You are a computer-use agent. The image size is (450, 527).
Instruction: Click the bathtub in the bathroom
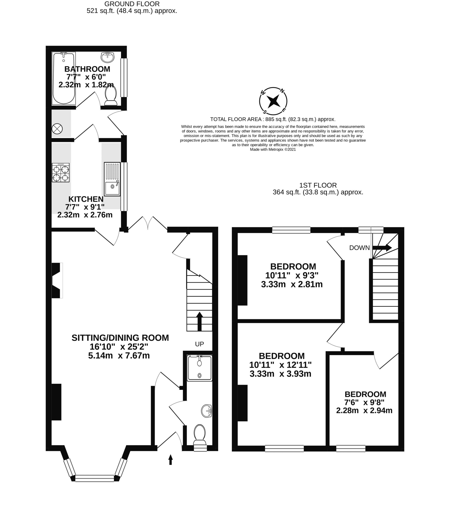click(x=64, y=78)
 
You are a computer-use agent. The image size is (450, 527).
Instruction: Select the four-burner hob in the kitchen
click(x=61, y=173)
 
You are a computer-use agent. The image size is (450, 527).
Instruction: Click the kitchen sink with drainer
click(x=112, y=179)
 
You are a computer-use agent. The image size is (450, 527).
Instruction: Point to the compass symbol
click(x=273, y=101)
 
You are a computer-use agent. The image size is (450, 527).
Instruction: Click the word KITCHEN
click(x=86, y=199)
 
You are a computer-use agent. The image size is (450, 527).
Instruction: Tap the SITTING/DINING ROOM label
click(x=120, y=338)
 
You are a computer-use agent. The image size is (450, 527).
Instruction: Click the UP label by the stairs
click(x=199, y=344)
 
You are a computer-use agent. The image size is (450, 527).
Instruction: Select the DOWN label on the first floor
click(x=359, y=247)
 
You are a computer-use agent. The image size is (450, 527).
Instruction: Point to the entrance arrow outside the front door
click(x=170, y=460)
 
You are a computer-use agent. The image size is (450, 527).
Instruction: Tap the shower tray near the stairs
click(x=200, y=368)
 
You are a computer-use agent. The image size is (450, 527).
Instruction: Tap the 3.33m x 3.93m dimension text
click(x=280, y=374)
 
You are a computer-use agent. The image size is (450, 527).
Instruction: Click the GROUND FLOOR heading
click(x=132, y=4)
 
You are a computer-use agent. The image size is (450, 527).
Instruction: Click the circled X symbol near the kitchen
click(x=57, y=129)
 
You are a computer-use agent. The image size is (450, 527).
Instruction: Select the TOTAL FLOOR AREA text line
click(x=273, y=119)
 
